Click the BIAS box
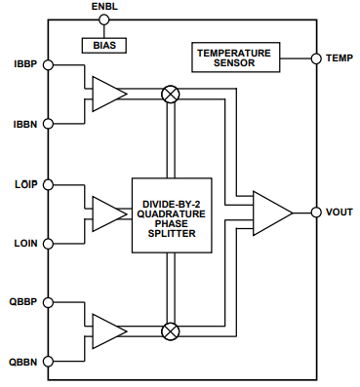pyautogui.click(x=102, y=45)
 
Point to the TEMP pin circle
pyautogui.click(x=315, y=58)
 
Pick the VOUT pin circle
pyautogui.click(x=315, y=213)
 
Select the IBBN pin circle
pyautogui.click(x=48, y=124)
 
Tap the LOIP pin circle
pyautogui.click(x=48, y=183)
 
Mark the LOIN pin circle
pyautogui.click(x=48, y=243)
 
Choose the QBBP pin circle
pyautogui.click(x=48, y=301)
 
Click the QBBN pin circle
pyautogui.click(x=48, y=361)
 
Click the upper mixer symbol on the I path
pyautogui.click(x=171, y=94)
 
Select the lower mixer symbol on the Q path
pyautogui.click(x=171, y=330)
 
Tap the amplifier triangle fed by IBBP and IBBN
pyautogui.click(x=108, y=94)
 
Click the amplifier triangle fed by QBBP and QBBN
pyautogui.click(x=108, y=330)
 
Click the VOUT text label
pyautogui.click(x=340, y=213)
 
